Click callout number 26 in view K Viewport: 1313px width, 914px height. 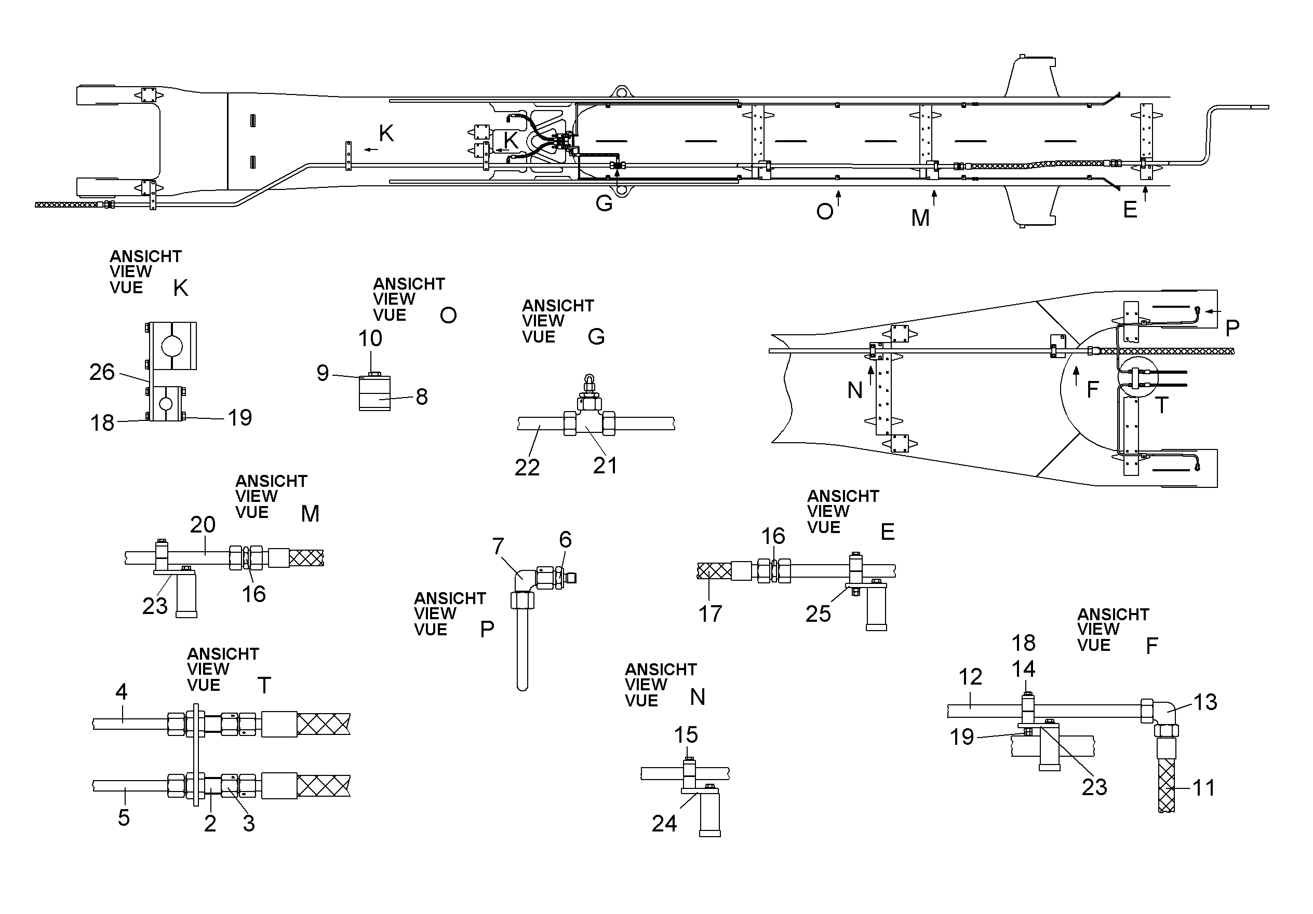[102, 372]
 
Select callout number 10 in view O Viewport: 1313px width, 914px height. [370, 338]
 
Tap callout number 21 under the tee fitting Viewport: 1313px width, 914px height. [605, 466]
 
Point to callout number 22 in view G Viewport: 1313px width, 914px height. [527, 468]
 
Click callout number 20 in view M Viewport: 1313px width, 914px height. [203, 525]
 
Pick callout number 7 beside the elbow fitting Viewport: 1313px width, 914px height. [498, 547]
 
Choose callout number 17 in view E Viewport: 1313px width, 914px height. [710, 614]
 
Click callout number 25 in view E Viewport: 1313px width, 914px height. [818, 614]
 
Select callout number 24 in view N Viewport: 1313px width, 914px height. [664, 824]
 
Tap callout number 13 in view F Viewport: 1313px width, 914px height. [1205, 702]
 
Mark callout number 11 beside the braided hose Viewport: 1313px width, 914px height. [1204, 788]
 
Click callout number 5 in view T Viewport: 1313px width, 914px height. [124, 817]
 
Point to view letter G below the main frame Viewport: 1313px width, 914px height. [604, 203]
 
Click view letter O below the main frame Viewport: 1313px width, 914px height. [825, 212]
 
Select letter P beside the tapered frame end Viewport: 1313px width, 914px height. [1232, 328]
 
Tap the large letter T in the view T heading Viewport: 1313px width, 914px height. [264, 685]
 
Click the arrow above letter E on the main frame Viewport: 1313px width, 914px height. [1145, 194]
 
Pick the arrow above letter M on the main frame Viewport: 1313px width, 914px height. [934, 198]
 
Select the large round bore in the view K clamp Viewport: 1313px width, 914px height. [171, 346]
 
